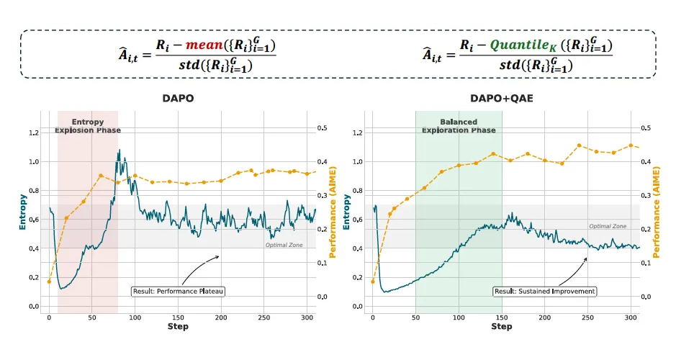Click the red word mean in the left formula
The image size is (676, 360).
pyautogui.click(x=204, y=45)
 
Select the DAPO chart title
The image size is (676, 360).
pyautogui.click(x=178, y=99)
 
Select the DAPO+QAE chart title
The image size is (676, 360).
pyautogui.click(x=501, y=99)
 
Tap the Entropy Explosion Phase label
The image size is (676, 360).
pyautogui.click(x=88, y=126)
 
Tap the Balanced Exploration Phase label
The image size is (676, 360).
pyautogui.click(x=459, y=126)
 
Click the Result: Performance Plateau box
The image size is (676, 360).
pyautogui.click(x=178, y=292)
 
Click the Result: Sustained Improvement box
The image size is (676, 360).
pyautogui.click(x=544, y=292)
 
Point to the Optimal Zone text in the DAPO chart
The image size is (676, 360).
pyautogui.click(x=284, y=245)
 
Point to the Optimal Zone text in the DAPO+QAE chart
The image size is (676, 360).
pyautogui.click(x=608, y=226)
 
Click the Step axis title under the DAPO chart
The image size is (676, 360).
pyautogui.click(x=178, y=326)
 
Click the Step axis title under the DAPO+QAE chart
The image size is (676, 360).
pyautogui.click(x=501, y=326)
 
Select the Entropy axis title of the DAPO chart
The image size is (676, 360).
pyautogui.click(x=22, y=212)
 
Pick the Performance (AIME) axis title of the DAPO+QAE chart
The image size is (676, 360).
pyautogui.click(x=656, y=212)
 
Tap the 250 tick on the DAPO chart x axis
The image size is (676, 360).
pyautogui.click(x=263, y=318)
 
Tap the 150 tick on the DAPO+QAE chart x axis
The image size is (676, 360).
pyautogui.click(x=501, y=318)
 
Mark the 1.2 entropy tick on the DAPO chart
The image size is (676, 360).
pyautogui.click(x=34, y=132)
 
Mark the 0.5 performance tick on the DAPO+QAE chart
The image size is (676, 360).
pyautogui.click(x=646, y=128)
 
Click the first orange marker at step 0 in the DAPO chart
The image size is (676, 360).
pyautogui.click(x=49, y=282)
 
